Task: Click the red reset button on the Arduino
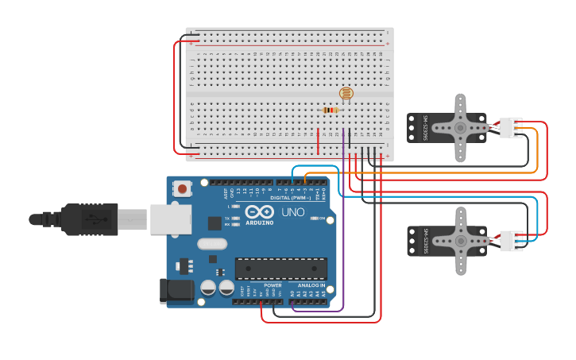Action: (184, 189)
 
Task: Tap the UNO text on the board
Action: (292, 212)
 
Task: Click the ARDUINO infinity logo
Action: (258, 211)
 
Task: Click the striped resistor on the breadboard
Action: (331, 110)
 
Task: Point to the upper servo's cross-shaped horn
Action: (460, 127)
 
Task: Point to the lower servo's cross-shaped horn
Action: (460, 240)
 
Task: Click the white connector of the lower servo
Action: (510, 240)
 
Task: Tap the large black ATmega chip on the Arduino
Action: (280, 269)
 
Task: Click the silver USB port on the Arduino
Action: (171, 219)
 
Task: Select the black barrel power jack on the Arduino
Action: (176, 291)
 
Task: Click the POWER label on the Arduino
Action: (273, 285)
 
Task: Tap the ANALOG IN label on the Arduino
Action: (311, 285)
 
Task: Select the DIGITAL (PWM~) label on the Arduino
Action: (291, 198)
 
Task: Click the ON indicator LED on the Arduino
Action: (315, 218)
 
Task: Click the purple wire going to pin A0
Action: (343, 238)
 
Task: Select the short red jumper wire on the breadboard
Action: (319, 141)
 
